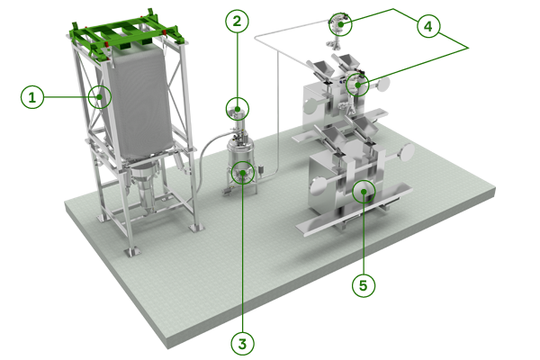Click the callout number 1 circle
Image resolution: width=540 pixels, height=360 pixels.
[x=33, y=96]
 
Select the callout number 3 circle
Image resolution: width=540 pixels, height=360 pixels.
[x=241, y=342]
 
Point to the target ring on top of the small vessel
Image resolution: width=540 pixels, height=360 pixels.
[x=236, y=112]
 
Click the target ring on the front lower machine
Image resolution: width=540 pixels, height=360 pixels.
[x=363, y=189]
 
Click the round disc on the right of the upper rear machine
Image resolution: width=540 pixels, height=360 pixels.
[x=383, y=86]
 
